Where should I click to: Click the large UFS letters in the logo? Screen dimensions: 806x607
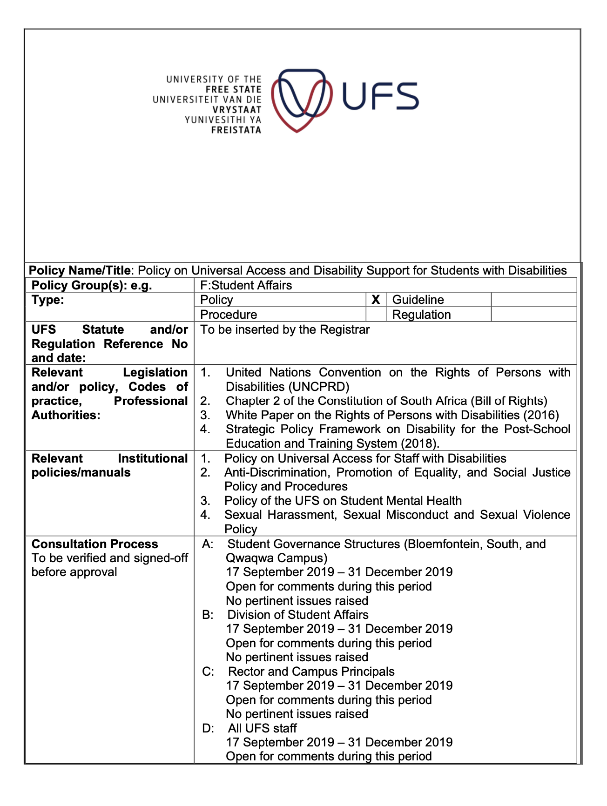click(x=380, y=96)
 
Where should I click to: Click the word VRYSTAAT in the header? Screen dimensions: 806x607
click(x=237, y=110)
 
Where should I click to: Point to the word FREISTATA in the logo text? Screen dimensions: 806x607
click(x=236, y=130)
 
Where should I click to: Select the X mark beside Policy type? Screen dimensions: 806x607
click(x=376, y=300)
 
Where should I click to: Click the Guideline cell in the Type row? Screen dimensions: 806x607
click(x=418, y=300)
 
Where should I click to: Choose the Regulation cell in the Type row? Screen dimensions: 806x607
click(x=421, y=315)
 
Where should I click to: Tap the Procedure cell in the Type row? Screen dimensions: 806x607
click(x=229, y=315)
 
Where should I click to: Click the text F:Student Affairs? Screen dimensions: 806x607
click(x=246, y=285)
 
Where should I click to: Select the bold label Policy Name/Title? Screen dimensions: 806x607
click(x=81, y=270)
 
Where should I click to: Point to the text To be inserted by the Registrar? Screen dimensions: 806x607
click(x=285, y=329)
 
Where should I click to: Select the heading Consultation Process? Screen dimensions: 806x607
click(x=95, y=544)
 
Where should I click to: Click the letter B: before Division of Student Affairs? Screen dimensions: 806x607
click(x=208, y=615)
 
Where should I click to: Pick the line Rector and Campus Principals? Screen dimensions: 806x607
click(x=311, y=672)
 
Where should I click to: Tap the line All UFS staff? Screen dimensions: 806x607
click(x=262, y=728)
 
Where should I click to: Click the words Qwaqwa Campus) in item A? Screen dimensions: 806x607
click(x=277, y=557)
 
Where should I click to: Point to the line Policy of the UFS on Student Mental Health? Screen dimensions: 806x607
click(x=343, y=501)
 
